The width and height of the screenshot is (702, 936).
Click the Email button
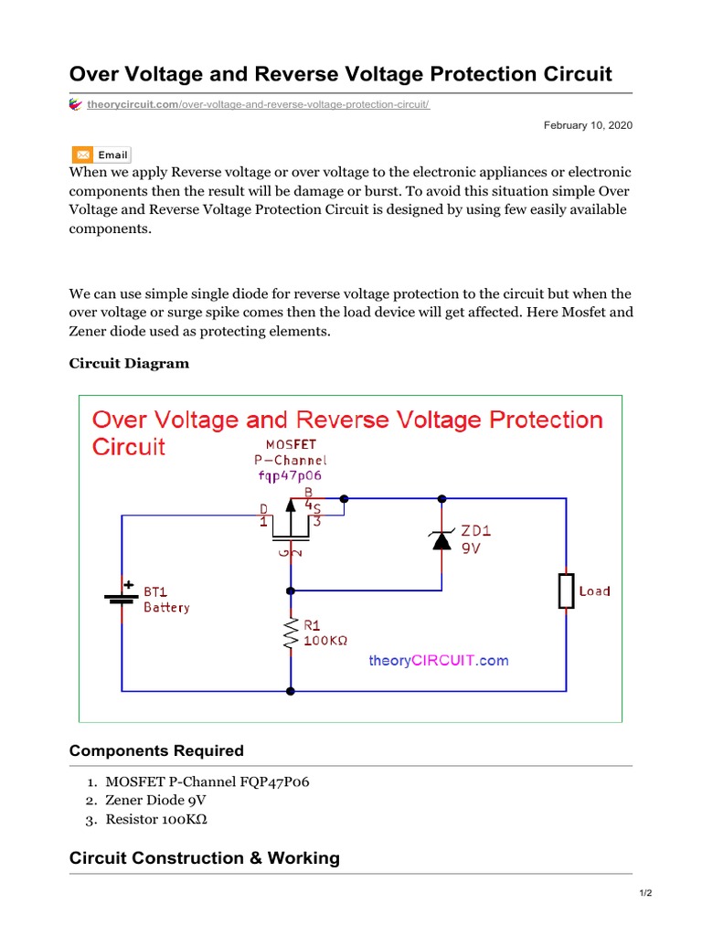click(101, 155)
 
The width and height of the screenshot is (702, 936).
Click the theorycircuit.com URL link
click(258, 105)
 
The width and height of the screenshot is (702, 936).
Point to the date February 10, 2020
click(588, 125)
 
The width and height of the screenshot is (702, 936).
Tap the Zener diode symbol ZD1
click(441, 540)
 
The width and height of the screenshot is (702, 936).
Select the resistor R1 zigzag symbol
click(291, 633)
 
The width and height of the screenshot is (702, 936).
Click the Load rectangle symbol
click(566, 591)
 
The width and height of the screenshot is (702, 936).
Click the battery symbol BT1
click(122, 600)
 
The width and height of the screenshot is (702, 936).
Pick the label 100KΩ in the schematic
click(324, 642)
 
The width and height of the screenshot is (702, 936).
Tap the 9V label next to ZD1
click(471, 550)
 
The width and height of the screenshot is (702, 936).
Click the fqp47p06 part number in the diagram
click(290, 476)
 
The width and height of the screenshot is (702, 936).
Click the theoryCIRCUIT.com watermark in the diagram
click(439, 660)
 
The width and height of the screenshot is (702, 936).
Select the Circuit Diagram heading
click(130, 364)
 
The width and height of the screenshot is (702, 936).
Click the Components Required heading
click(156, 750)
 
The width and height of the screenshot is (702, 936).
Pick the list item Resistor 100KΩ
click(156, 819)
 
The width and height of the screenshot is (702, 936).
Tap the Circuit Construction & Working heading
click(205, 858)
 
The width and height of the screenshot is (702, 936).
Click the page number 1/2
click(645, 894)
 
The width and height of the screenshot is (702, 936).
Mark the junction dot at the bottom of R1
click(291, 691)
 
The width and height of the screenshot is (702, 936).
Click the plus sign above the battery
click(129, 584)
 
